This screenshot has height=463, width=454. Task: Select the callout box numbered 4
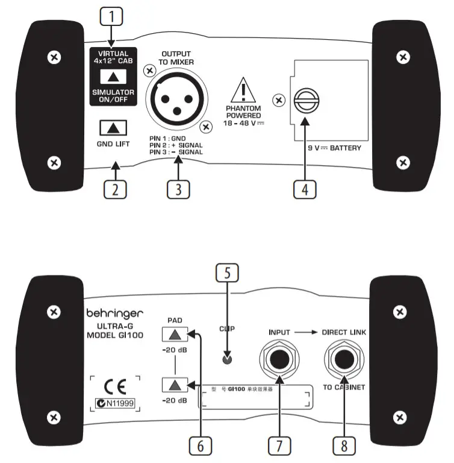tap(304, 188)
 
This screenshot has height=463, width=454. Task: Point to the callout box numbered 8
tap(344, 445)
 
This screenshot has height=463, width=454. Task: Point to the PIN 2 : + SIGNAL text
tap(176, 145)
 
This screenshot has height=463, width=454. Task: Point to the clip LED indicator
tap(226, 361)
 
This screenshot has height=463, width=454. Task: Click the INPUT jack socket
tap(279, 362)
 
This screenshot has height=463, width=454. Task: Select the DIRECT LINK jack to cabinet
tap(344, 362)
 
